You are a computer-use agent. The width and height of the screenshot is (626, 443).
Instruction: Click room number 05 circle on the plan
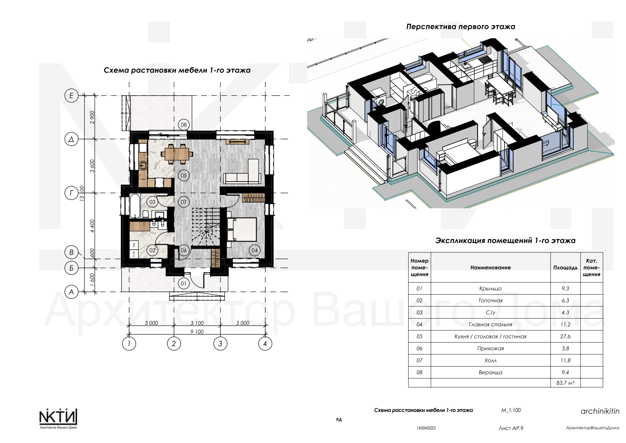click(x=184, y=176)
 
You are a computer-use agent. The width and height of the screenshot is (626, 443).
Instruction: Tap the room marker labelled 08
click(x=184, y=125)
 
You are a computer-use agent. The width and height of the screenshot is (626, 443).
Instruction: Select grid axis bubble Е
click(x=72, y=96)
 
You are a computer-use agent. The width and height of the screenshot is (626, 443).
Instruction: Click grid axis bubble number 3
click(x=220, y=344)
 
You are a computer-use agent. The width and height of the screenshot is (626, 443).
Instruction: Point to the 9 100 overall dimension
click(x=197, y=332)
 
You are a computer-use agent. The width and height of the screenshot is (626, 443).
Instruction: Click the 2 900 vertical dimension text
click(x=92, y=117)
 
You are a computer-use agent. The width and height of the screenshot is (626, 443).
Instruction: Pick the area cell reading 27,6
click(x=565, y=336)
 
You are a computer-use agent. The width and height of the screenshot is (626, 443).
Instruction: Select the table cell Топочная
click(x=490, y=300)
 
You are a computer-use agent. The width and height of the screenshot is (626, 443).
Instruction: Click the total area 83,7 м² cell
click(x=565, y=383)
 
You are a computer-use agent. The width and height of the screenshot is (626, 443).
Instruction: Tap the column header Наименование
click(x=490, y=267)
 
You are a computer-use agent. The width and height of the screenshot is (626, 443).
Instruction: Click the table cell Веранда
click(x=490, y=372)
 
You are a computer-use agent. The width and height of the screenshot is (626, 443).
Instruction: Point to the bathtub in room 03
click(x=135, y=206)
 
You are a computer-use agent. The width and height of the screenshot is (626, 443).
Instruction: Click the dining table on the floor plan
click(x=177, y=154)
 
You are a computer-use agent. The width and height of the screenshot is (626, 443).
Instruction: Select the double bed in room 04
click(x=242, y=229)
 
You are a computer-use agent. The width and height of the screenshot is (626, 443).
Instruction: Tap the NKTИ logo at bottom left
click(x=58, y=419)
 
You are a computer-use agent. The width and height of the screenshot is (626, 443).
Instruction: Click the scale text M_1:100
click(x=511, y=410)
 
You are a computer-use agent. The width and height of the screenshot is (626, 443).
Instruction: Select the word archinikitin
click(x=600, y=411)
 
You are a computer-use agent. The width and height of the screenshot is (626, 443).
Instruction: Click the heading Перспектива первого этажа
click(x=461, y=27)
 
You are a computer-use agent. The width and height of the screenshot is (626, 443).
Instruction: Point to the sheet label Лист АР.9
click(x=511, y=428)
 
